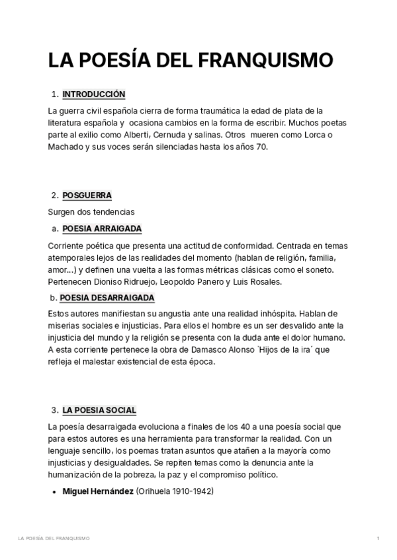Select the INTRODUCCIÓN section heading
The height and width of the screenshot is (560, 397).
[x=93, y=94]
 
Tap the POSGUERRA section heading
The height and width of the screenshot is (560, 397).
[x=87, y=195]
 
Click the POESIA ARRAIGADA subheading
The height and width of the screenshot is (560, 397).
[x=102, y=229]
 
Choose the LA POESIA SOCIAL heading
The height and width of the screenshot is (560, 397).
[x=99, y=410]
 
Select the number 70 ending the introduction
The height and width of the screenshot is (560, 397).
[x=261, y=147]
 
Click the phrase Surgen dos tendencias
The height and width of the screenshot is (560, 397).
[x=91, y=212]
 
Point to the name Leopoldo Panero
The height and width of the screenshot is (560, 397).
[x=188, y=281]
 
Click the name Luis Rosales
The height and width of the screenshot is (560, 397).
[x=259, y=281]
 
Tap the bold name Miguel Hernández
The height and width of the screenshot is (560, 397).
[x=98, y=491]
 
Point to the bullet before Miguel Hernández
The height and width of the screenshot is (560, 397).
[x=54, y=492]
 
